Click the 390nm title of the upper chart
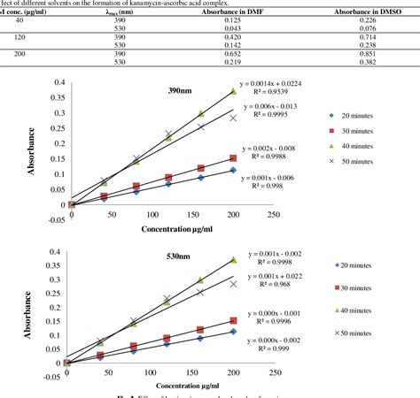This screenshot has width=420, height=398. [x=183, y=91]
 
